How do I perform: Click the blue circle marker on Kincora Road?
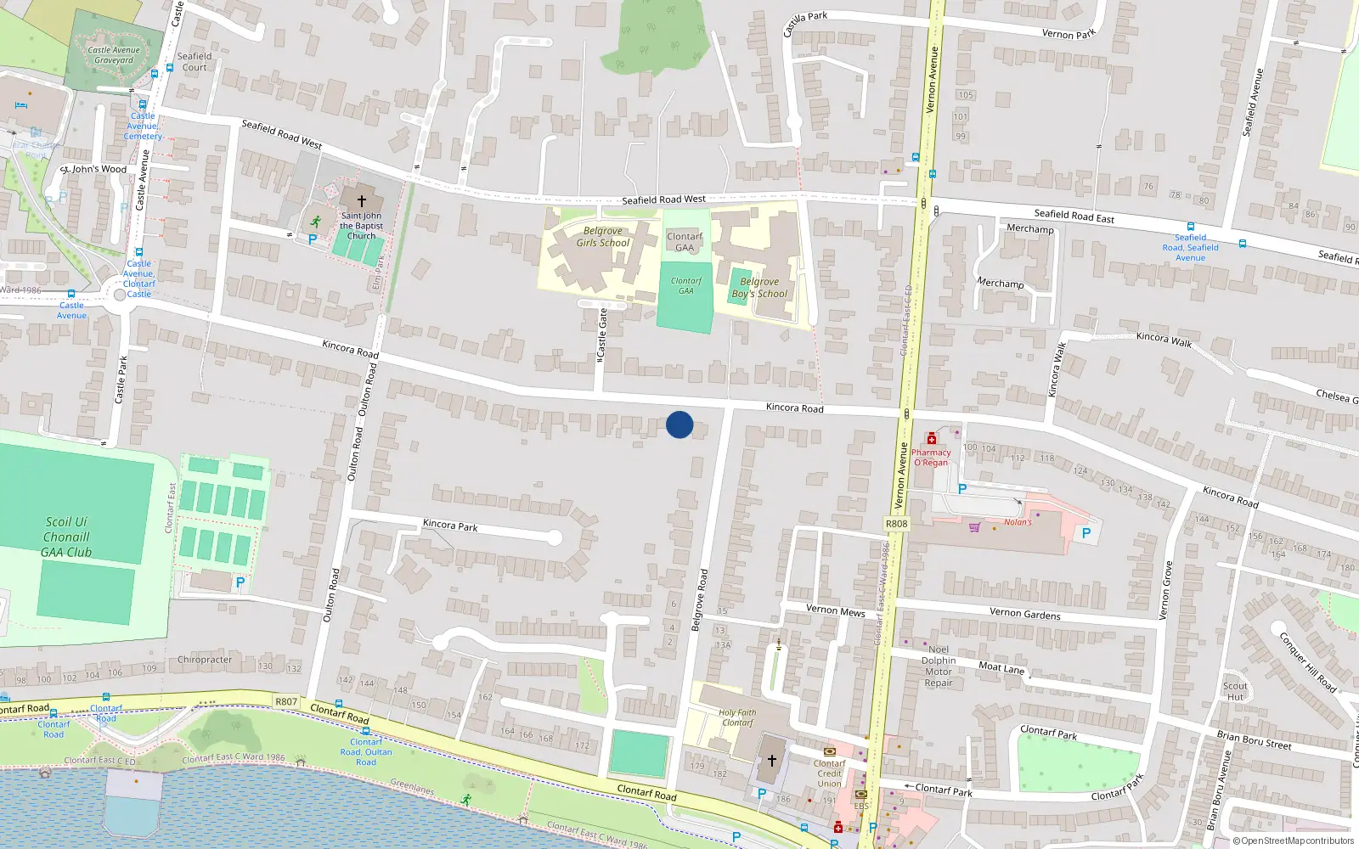tap(679, 424)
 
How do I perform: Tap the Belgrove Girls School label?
tap(603, 237)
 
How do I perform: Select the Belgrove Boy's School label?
tap(759, 288)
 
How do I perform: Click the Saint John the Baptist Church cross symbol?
tap(361, 201)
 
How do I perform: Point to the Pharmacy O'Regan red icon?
tap(932, 439)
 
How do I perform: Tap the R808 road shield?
tap(896, 524)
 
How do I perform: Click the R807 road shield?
tap(286, 702)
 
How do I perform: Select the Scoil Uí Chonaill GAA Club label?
tap(67, 537)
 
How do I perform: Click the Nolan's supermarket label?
tap(1018, 522)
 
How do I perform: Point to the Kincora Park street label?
tap(450, 526)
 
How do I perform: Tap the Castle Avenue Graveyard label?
tap(114, 55)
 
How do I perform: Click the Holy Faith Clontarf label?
tap(737, 717)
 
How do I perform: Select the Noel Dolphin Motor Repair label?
tap(939, 666)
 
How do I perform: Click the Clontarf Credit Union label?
tap(830, 773)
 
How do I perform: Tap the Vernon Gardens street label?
tap(1024, 613)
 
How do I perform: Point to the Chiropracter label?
tap(205, 660)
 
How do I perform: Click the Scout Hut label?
tap(1235, 691)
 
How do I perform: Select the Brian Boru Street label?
tap(1254, 740)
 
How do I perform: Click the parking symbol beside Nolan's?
tap(1086, 534)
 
